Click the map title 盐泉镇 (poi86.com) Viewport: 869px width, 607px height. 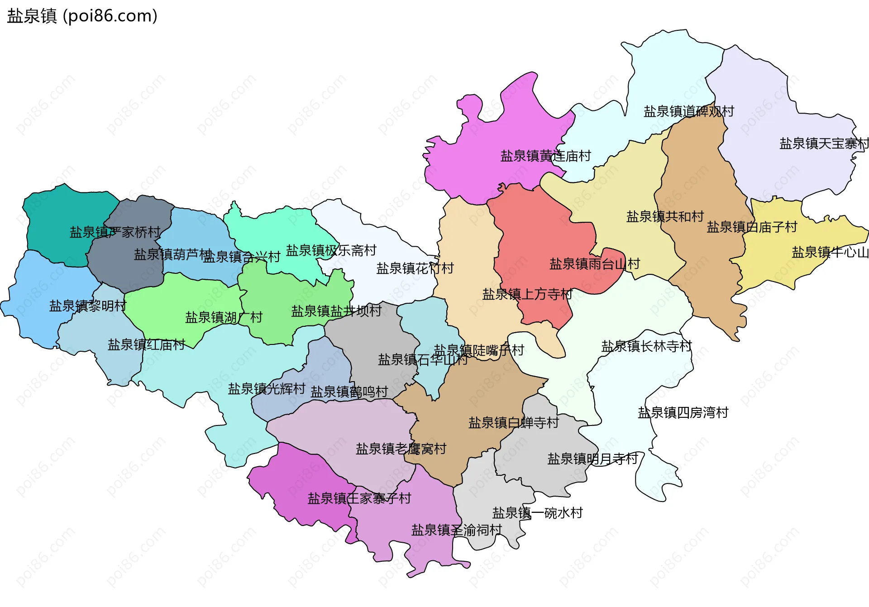tap(82, 16)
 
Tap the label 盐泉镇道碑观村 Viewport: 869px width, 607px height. tap(688, 111)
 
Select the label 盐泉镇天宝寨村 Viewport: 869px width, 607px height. tap(824, 143)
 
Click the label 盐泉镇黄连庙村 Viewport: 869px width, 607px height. tap(545, 156)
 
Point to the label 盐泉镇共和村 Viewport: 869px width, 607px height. tap(664, 216)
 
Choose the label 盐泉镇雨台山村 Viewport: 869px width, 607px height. tap(594, 264)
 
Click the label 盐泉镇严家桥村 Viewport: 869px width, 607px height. tap(115, 232)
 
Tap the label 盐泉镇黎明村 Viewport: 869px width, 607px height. tap(87, 306)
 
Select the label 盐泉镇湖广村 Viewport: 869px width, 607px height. tap(224, 317)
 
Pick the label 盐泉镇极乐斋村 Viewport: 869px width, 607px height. tap(331, 250)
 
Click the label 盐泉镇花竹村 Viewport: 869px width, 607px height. tap(415, 268)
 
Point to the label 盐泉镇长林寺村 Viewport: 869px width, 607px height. tap(646, 346)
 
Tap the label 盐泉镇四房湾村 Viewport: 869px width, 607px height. tap(683, 413)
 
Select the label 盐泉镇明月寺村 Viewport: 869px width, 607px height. tap(592, 459)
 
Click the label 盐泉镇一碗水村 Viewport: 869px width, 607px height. tap(537, 513)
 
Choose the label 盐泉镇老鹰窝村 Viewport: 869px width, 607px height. tap(401, 449)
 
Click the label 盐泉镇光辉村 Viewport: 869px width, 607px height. tap(266, 389)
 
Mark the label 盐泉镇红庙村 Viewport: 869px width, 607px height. tap(146, 345)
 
